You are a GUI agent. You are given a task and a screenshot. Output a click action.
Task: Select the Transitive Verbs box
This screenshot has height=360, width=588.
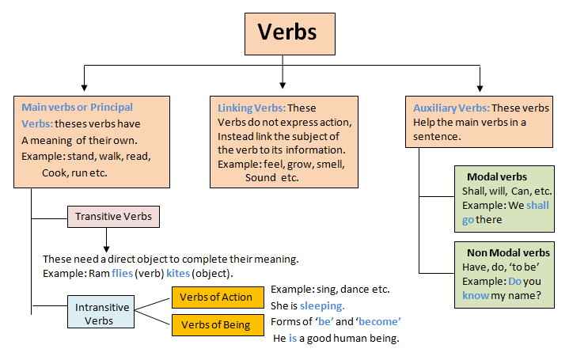tap(113, 215)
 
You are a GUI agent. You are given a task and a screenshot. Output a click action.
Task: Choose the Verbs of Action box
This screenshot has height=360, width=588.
tap(217, 297)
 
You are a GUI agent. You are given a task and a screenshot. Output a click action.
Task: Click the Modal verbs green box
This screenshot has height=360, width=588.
tap(503, 198)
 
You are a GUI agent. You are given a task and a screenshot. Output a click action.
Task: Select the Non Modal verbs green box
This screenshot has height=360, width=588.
tap(503, 275)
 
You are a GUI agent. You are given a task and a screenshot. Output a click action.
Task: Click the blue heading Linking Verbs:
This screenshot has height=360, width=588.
tap(250, 108)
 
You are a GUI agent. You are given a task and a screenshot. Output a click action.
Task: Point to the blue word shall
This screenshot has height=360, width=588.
tap(537, 206)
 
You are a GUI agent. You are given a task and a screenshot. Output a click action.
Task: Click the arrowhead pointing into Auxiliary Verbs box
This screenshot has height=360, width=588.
tap(480, 84)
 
